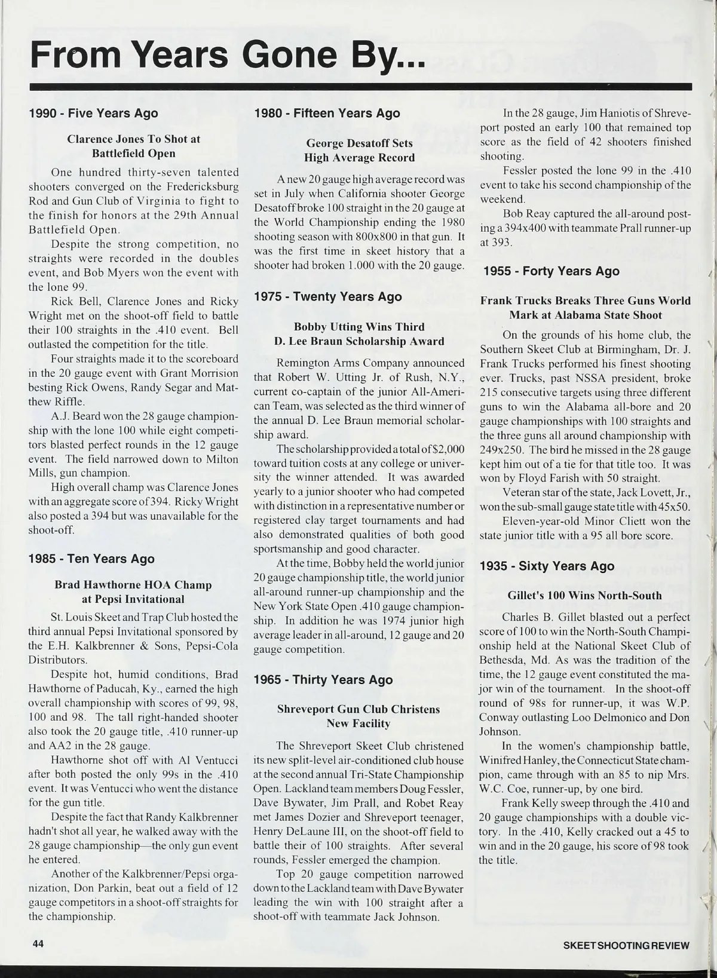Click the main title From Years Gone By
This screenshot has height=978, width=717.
click(x=228, y=55)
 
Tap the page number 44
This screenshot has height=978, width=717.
click(x=38, y=945)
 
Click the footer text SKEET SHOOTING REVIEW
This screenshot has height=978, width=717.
click(x=626, y=945)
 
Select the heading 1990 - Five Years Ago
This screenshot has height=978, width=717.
click(x=93, y=113)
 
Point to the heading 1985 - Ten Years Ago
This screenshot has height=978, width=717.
click(x=91, y=559)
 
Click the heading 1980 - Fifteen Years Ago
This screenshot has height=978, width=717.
click(x=327, y=113)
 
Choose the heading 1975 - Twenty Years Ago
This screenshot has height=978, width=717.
click(x=327, y=297)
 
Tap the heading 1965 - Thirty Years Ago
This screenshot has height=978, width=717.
click(x=323, y=680)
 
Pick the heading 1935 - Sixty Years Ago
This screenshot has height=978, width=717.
click(x=547, y=566)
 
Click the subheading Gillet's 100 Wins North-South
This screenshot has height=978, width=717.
click(x=584, y=595)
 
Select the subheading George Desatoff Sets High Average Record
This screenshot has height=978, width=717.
click(x=359, y=151)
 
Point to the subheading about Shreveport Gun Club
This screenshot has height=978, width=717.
click(x=358, y=716)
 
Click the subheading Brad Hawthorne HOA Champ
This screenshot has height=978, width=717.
click(x=133, y=592)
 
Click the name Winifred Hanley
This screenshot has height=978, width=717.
click(x=511, y=761)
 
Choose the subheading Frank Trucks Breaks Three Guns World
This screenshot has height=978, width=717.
click(x=586, y=308)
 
